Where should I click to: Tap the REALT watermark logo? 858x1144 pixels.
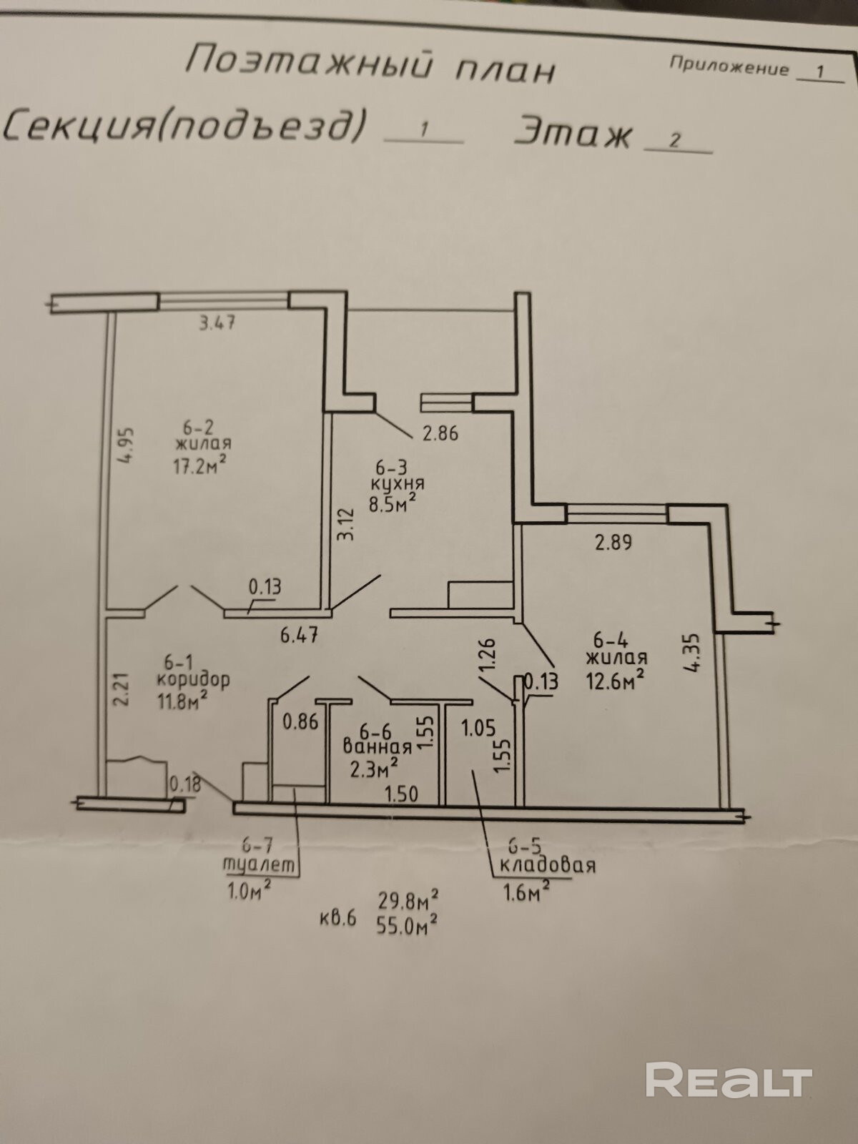point(729,1080)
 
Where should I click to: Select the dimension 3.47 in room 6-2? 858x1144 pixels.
point(217,322)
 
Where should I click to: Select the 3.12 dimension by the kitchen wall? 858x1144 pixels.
point(345,524)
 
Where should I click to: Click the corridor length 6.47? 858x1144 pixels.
point(299,635)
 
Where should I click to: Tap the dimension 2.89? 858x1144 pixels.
point(613,543)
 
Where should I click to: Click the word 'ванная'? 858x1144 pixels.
point(378,747)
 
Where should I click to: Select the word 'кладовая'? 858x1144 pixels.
point(547,864)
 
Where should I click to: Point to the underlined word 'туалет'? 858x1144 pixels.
point(259,864)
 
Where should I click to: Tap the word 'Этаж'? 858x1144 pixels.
point(574,132)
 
